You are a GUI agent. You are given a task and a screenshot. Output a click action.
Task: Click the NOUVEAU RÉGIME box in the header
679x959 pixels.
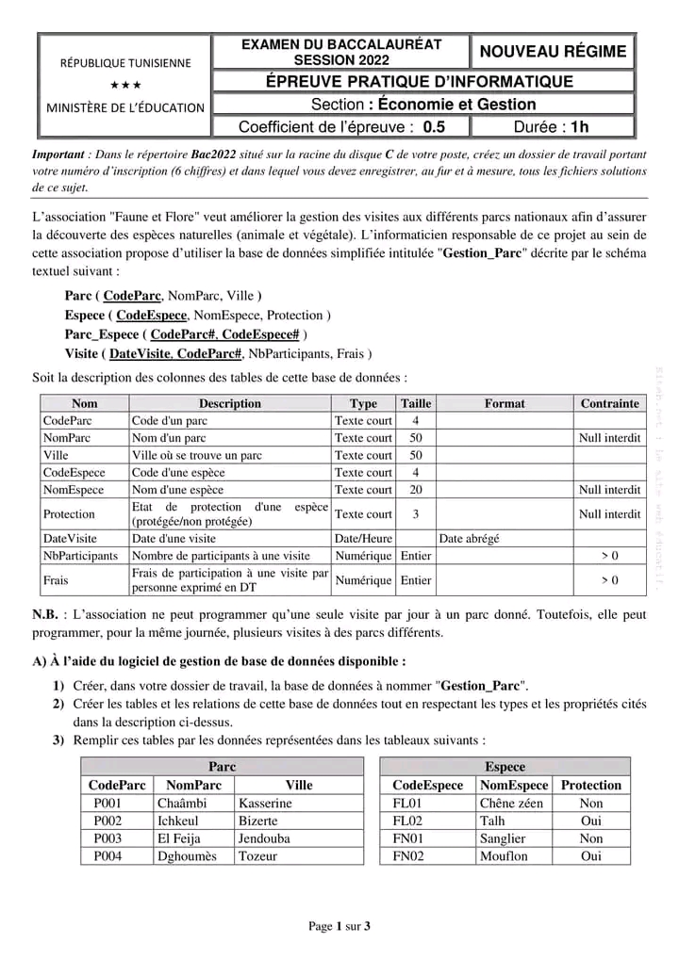coord(554,52)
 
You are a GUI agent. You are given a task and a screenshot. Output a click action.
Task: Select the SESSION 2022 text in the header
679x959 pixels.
coord(341,59)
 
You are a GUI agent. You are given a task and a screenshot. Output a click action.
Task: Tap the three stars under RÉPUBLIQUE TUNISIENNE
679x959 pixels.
coord(125,86)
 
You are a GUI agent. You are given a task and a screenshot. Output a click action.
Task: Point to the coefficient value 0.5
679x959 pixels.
coord(434,126)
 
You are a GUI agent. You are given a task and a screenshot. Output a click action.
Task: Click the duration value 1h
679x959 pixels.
coord(578,126)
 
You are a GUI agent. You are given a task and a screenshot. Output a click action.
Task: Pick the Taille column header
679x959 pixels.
coord(416,403)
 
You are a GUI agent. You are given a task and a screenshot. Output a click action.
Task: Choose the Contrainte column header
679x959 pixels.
coord(609,403)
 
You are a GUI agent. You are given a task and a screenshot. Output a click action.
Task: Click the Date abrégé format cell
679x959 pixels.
coord(470,539)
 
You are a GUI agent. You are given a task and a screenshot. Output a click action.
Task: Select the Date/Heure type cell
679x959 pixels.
coord(363,539)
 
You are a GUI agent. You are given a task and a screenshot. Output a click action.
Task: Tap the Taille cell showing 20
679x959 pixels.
coord(416,490)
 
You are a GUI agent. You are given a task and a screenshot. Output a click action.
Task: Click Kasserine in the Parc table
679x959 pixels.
coord(265,804)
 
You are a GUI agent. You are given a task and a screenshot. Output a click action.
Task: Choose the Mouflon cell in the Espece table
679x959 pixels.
coord(504,856)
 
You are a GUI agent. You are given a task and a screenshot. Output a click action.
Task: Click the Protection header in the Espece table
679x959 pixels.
coord(591,785)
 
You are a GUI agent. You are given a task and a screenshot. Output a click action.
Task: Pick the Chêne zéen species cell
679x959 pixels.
coord(511,804)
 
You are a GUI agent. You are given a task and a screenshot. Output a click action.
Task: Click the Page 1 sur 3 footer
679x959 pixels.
coord(339,926)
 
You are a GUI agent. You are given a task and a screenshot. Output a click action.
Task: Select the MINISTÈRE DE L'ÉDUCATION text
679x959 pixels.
coord(125,106)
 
